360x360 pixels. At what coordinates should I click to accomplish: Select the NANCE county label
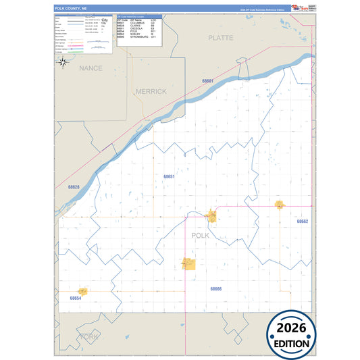pyautogui.click(x=90, y=68)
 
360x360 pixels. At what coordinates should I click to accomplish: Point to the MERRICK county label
pyautogui.click(x=151, y=91)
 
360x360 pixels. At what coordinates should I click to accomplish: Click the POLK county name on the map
pyautogui.click(x=201, y=236)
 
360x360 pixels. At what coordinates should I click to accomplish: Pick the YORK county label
pyautogui.click(x=88, y=336)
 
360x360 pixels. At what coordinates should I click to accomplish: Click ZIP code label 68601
pyautogui.click(x=207, y=81)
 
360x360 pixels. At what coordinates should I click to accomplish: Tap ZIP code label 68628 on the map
pyautogui.click(x=74, y=187)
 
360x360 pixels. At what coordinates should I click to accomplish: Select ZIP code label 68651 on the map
pyautogui.click(x=169, y=176)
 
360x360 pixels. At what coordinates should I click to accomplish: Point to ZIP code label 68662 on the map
pyautogui.click(x=302, y=222)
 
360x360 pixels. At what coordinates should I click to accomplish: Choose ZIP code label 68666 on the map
pyautogui.click(x=215, y=288)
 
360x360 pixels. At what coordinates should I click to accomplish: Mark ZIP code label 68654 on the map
pyautogui.click(x=75, y=297)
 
